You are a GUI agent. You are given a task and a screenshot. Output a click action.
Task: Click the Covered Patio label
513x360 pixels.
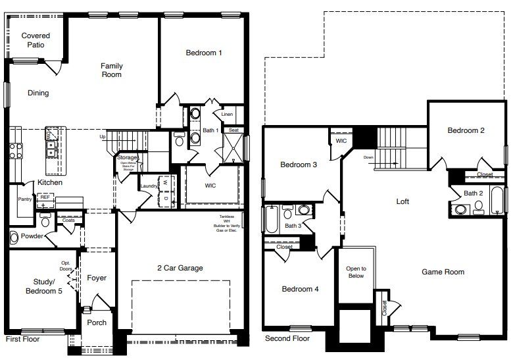[x=36, y=40]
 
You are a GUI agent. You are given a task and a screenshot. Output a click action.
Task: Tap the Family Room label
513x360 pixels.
[x=111, y=70]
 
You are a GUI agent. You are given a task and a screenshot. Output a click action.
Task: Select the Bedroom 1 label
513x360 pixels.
[x=203, y=52]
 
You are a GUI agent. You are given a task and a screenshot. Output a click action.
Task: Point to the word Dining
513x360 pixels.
[x=38, y=93]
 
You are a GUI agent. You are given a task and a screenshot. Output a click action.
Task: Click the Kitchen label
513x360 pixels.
[x=49, y=181]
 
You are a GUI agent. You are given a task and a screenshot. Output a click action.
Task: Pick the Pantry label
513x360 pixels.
[x=25, y=198]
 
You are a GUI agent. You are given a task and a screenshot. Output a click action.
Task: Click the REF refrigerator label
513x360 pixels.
[x=45, y=197]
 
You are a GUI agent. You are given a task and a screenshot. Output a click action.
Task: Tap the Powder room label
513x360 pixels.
[x=32, y=236]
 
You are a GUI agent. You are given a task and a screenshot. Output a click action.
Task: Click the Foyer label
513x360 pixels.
[x=97, y=278]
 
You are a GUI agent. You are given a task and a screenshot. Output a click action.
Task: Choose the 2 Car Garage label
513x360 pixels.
[x=180, y=268]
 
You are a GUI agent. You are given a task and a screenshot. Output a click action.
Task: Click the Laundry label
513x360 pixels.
[x=147, y=186]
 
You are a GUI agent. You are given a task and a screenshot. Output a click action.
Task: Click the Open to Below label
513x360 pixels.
[x=356, y=272]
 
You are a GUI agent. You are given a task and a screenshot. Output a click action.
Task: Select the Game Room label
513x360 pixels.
[x=443, y=272]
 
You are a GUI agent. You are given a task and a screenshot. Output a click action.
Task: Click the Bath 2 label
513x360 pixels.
[x=474, y=193]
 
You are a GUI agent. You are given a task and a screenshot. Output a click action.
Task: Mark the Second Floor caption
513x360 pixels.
[x=287, y=338]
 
